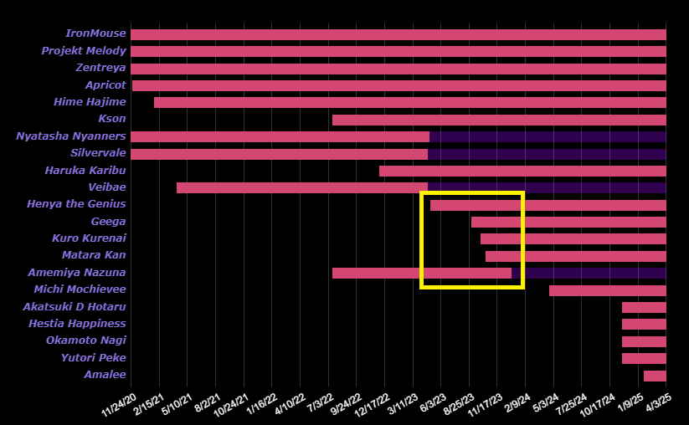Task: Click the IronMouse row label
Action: pos(95,34)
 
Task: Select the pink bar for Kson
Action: pos(499,120)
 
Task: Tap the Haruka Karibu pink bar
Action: pos(522,171)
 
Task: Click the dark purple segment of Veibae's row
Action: pos(547,187)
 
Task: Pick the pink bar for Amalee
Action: pos(655,376)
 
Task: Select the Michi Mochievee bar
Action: pos(607,290)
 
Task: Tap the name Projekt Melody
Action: pos(84,51)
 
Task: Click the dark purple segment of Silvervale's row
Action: pos(547,154)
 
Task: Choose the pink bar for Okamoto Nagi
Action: pos(644,341)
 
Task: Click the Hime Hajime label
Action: pos(90,102)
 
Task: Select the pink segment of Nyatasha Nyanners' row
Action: pos(280,136)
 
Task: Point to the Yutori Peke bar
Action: pos(644,358)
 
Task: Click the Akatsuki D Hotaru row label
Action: pos(75,307)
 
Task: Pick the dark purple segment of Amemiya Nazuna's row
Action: pos(594,273)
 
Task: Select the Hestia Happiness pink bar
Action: pos(644,324)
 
